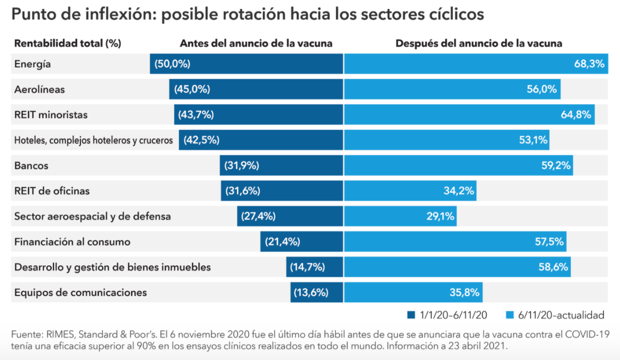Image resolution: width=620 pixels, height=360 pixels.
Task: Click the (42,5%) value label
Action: [x=202, y=140]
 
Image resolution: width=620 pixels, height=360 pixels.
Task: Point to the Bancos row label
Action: [x=31, y=166]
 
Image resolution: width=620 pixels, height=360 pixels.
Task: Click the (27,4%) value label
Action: [x=258, y=216]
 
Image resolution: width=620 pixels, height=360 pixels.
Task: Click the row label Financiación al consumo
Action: [x=72, y=242]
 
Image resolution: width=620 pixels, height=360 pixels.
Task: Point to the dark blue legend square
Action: [x=411, y=316]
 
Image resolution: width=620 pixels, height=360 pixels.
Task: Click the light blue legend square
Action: [x=510, y=316]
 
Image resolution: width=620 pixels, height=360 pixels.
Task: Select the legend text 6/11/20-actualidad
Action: [x=562, y=316]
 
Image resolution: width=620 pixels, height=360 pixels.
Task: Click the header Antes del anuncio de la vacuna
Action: [x=256, y=43]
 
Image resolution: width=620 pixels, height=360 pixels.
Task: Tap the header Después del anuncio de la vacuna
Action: [x=479, y=43]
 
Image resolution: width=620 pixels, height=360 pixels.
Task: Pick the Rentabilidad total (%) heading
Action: [x=68, y=43]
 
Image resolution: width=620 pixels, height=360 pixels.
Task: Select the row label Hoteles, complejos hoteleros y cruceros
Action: [x=94, y=140]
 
